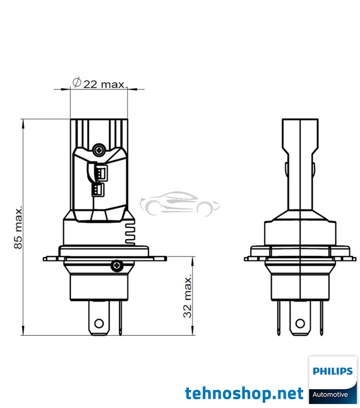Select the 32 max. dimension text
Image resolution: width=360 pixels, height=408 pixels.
point(188,296)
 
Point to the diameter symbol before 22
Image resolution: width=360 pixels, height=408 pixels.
point(77,83)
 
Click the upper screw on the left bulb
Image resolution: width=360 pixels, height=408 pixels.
point(98,150)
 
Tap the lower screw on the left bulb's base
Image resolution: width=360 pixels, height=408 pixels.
point(116,265)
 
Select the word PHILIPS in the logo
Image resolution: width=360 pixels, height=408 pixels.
point(332,371)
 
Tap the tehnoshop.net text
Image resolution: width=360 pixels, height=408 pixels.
point(244,394)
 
